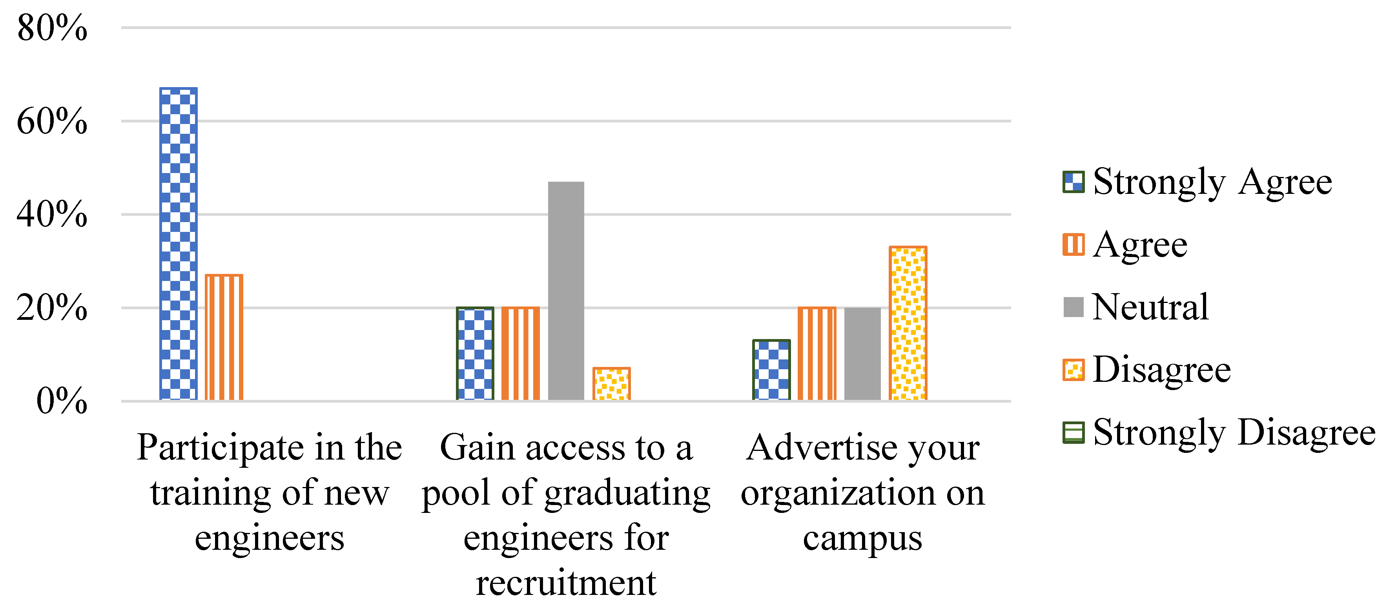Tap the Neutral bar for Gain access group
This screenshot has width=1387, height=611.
tap(566, 291)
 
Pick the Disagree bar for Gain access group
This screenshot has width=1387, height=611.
tap(611, 384)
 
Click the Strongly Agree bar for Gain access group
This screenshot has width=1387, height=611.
tap(475, 354)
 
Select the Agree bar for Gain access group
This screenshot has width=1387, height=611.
tap(520, 354)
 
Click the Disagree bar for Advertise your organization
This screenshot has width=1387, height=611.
tap(908, 323)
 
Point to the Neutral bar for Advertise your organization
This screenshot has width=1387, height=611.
tap(862, 354)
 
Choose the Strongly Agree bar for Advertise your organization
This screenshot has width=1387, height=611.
tap(771, 370)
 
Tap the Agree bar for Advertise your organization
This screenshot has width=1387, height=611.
tap(817, 354)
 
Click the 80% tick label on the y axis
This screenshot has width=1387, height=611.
tap(52, 28)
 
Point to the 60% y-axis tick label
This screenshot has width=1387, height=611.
tap(52, 121)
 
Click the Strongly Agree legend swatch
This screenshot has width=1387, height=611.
tap(1073, 182)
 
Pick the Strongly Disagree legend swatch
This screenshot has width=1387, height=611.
tap(1073, 432)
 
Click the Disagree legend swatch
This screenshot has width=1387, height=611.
tap(1073, 370)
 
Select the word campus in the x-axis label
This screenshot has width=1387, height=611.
tap(862, 538)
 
